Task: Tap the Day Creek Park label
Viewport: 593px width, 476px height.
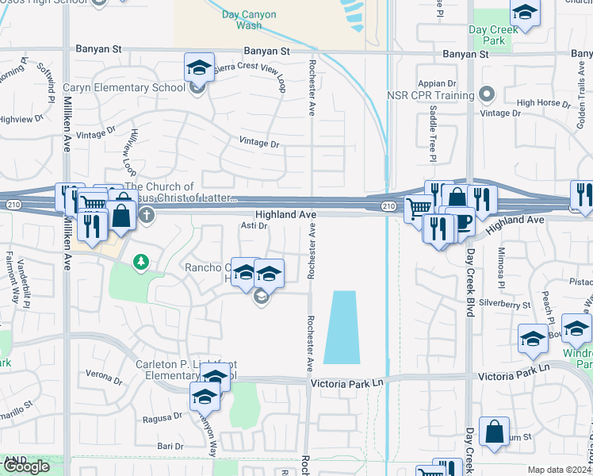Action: tap(492, 35)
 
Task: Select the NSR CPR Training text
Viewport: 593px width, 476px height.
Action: tap(430, 96)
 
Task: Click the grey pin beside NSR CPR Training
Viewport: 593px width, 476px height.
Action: tap(487, 96)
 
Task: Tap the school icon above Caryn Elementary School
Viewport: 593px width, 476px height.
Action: tap(199, 67)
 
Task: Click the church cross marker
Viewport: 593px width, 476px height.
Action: tap(146, 214)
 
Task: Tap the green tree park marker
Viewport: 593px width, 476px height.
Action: tap(141, 261)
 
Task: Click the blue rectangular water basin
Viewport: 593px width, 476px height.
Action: tap(341, 327)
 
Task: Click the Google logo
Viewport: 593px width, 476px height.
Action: tap(26, 466)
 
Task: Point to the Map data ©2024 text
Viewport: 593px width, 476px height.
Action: tap(559, 470)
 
